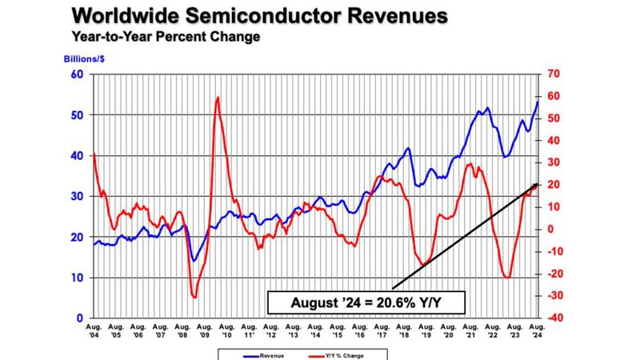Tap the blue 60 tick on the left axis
pos(78,74)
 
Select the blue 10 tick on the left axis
pos(78,278)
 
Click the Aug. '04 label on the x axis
pos(94,331)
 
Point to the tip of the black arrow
pos(537,184)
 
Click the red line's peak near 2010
pos(218,98)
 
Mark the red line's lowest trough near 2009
pos(194,297)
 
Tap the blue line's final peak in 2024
pos(537,101)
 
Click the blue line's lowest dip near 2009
pos(194,261)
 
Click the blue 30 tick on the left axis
pos(78,196)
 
